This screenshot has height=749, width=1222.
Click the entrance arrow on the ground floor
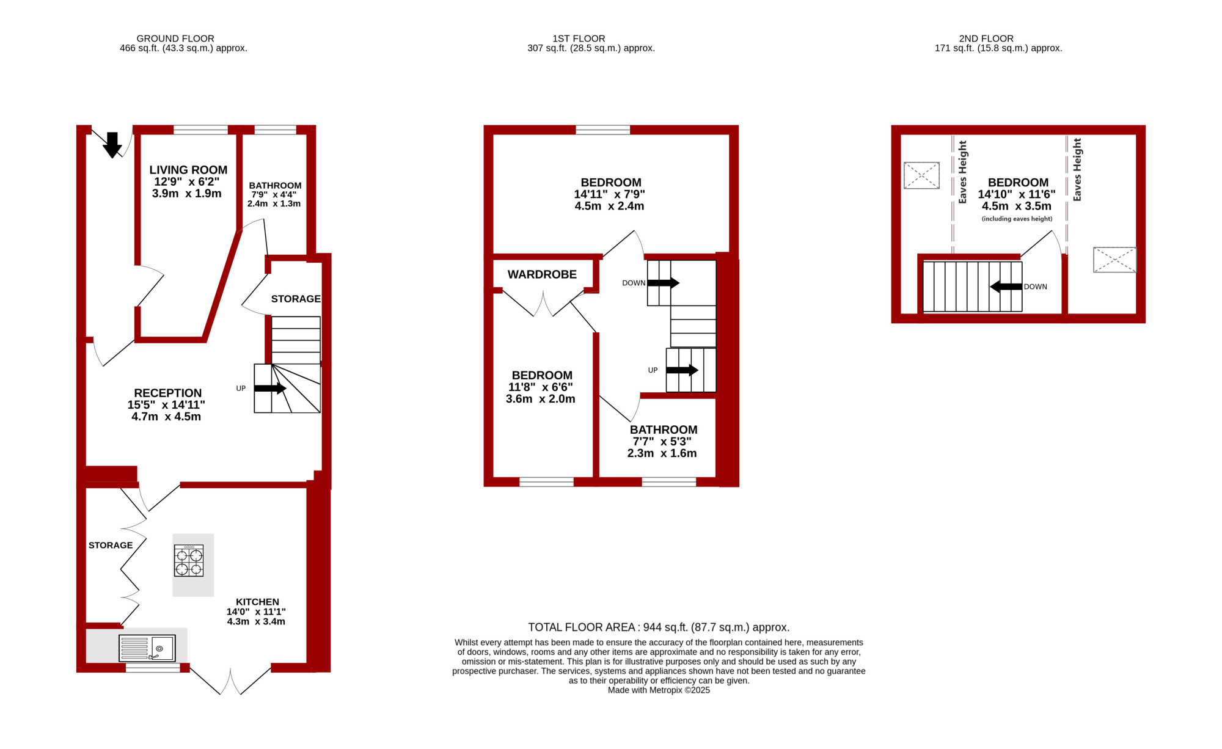[112, 145]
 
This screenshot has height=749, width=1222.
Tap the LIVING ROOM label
[188, 170]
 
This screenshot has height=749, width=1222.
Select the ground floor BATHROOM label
[275, 186]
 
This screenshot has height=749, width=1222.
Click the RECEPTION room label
[168, 393]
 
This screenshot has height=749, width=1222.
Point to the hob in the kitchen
[189, 561]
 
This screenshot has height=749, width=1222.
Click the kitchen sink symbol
[147, 648]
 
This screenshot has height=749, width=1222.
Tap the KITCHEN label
[257, 602]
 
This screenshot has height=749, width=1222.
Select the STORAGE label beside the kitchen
[111, 546]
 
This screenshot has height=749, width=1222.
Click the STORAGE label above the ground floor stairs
[296, 299]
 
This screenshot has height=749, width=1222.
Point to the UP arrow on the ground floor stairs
[270, 389]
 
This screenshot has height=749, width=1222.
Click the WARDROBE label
[542, 275]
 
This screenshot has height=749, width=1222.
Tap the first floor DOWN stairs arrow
[664, 283]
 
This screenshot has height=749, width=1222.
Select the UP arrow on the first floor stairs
[682, 370]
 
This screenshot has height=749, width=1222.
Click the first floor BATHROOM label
[664, 430]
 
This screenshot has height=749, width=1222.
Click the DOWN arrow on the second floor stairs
[1006, 287]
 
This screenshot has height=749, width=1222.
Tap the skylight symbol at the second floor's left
[921, 176]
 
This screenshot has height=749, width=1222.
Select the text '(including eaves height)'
[1017, 219]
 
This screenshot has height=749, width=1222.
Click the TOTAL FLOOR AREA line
[659, 627]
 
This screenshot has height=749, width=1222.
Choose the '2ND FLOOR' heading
[986, 38]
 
